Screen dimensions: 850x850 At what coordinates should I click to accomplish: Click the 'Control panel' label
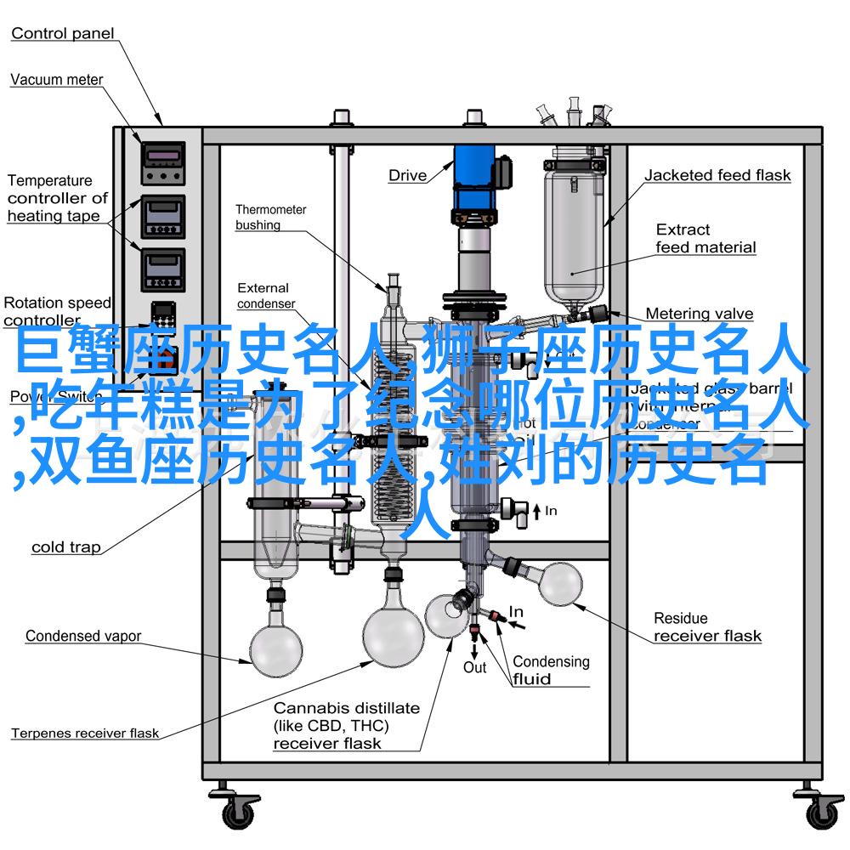[63, 34]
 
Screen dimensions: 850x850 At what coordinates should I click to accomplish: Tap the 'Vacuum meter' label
[57, 80]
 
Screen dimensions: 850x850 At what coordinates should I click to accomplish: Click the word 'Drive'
[408, 175]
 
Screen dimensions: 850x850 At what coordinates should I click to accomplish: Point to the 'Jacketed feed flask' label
[717, 175]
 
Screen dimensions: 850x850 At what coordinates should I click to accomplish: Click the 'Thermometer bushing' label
[271, 217]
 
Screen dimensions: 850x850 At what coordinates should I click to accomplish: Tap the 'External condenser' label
[265, 296]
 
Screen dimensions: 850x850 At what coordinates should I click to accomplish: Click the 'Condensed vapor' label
[83, 636]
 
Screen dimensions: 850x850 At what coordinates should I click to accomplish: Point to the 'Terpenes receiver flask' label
[85, 733]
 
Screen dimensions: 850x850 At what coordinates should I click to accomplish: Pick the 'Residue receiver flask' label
[707, 626]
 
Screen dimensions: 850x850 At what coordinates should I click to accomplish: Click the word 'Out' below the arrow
[474, 667]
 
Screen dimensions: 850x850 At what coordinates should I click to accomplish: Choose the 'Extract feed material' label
[705, 238]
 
